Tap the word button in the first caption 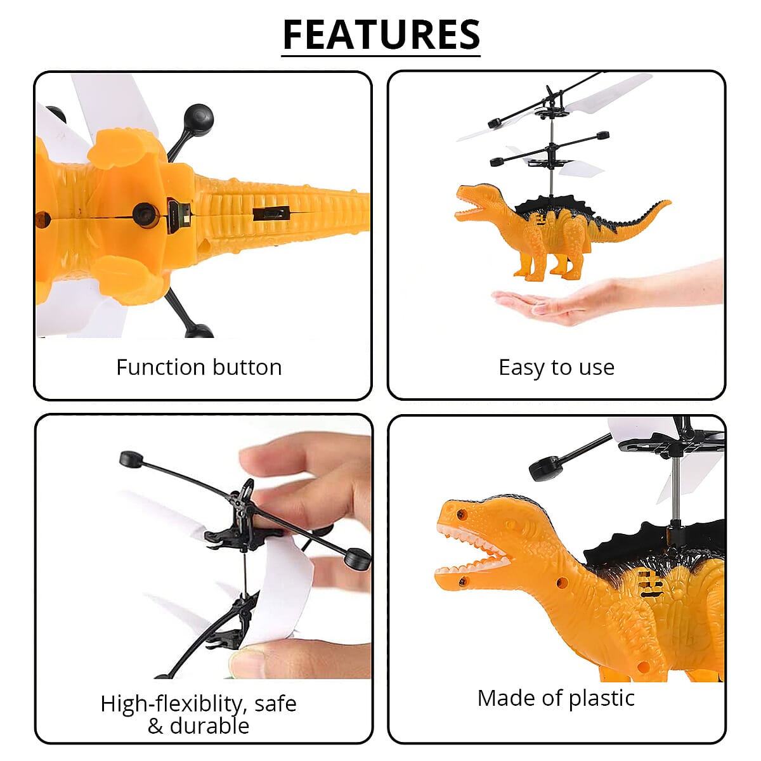click(x=247, y=367)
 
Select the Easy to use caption click(x=556, y=367)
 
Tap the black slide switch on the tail click(x=271, y=214)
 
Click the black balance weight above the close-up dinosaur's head click(x=545, y=468)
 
